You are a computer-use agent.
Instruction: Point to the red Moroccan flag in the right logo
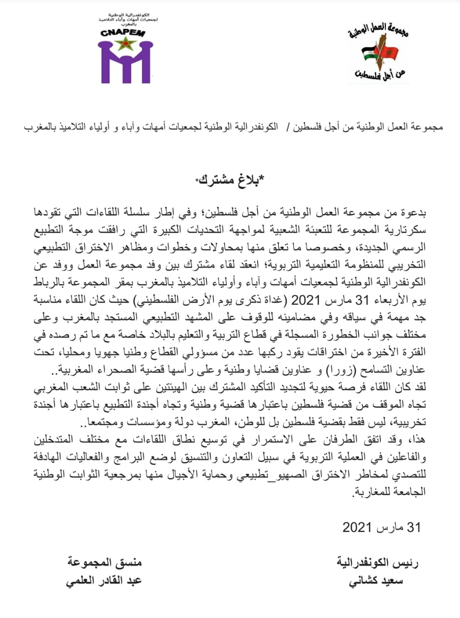(390, 52)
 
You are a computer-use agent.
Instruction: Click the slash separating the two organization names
(288, 127)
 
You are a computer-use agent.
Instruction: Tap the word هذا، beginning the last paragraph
(417, 441)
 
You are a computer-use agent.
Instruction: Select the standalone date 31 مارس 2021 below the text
(381, 527)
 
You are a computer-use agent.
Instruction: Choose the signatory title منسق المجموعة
(105, 563)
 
